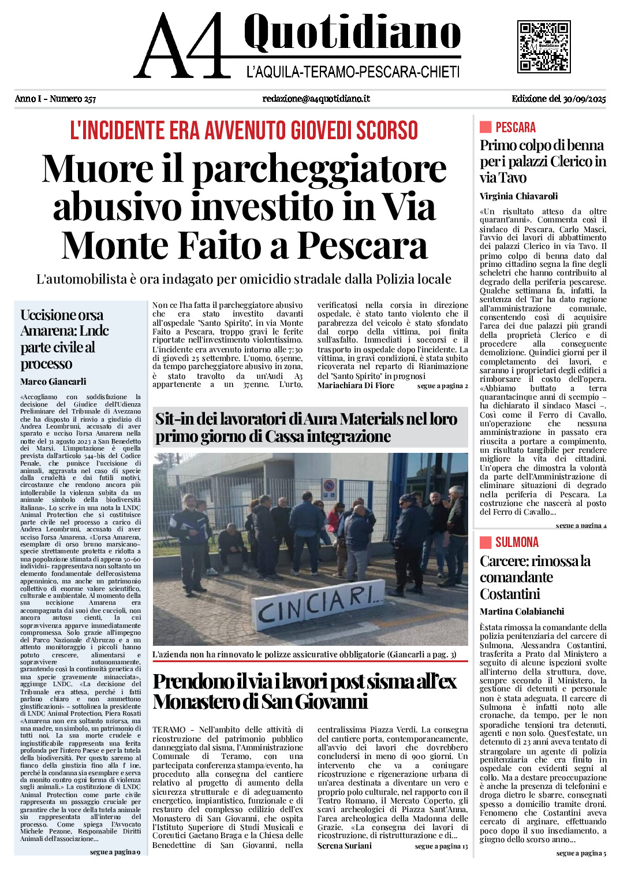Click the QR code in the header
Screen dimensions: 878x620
pyautogui.click(x=544, y=47)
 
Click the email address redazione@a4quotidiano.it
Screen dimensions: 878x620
pyautogui.click(x=316, y=99)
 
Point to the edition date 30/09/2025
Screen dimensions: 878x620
pyautogui.click(x=584, y=99)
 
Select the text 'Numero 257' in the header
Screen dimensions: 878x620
pyautogui.click(x=73, y=99)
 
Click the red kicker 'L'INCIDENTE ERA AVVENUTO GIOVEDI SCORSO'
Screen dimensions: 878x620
pyautogui.click(x=244, y=131)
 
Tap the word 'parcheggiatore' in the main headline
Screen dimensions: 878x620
pyautogui.click(x=319, y=169)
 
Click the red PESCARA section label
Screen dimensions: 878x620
pyautogui.click(x=515, y=127)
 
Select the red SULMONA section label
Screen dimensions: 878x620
pyautogui.click(x=517, y=542)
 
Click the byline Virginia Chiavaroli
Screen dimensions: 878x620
pyautogui.click(x=518, y=196)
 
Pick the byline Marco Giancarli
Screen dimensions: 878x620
pyautogui.click(x=53, y=381)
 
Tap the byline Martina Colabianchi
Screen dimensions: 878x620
pyautogui.click(x=522, y=611)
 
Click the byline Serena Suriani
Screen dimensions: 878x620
pyautogui.click(x=345, y=846)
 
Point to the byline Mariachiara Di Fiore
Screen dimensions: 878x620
pyautogui.click(x=356, y=385)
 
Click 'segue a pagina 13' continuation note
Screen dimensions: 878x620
pyautogui.click(x=441, y=846)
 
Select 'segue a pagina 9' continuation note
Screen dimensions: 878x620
pyautogui.click(x=115, y=852)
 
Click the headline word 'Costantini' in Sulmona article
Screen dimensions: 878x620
pyautogui.click(x=510, y=594)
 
